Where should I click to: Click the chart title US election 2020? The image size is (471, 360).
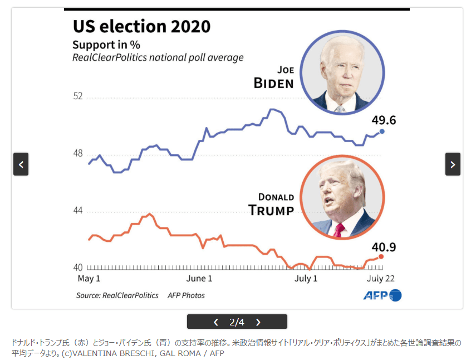(142, 26)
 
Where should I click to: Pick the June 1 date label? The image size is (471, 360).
(199, 279)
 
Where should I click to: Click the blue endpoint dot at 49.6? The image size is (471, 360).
(382, 132)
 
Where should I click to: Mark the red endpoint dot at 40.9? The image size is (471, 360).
(381, 256)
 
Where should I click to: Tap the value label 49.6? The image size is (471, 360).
(384, 120)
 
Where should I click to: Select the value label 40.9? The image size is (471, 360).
(384, 246)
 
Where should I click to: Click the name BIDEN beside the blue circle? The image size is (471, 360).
(273, 84)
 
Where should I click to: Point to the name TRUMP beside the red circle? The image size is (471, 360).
(271, 210)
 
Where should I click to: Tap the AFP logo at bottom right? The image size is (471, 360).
(382, 295)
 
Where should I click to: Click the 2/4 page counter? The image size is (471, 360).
(237, 322)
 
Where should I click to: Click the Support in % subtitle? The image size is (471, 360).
(106, 45)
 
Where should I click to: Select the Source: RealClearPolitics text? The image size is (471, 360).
(117, 295)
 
